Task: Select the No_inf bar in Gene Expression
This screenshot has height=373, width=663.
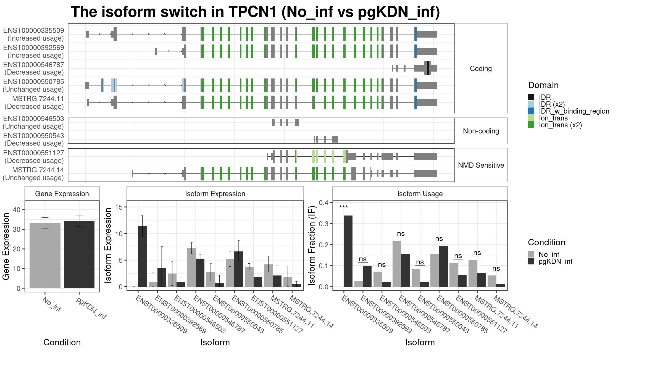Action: (45, 256)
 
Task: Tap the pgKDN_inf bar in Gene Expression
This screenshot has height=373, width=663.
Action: (79, 255)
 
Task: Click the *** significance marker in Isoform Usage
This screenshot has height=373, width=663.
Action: (344, 207)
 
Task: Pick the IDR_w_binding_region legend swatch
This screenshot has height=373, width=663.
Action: (531, 111)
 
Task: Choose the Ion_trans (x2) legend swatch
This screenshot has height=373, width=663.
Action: (531, 125)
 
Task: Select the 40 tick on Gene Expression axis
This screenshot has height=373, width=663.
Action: (17, 210)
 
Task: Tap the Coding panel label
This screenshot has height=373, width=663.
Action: (481, 69)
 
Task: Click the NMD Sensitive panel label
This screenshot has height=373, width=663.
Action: (481, 165)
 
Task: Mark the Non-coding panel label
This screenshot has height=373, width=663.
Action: (481, 131)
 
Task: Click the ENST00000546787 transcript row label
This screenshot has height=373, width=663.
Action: (34, 65)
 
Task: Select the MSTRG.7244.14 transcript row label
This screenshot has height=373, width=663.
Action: (38, 170)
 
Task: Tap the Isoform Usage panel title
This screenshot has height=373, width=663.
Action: (420, 194)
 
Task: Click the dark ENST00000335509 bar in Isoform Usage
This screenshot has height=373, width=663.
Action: (348, 251)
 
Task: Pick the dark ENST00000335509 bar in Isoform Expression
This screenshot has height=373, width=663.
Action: (142, 256)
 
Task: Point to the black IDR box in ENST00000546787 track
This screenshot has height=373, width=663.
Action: (428, 68)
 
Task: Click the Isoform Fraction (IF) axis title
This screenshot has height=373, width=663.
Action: (312, 245)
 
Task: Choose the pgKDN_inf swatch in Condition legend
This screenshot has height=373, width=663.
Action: (531, 261)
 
